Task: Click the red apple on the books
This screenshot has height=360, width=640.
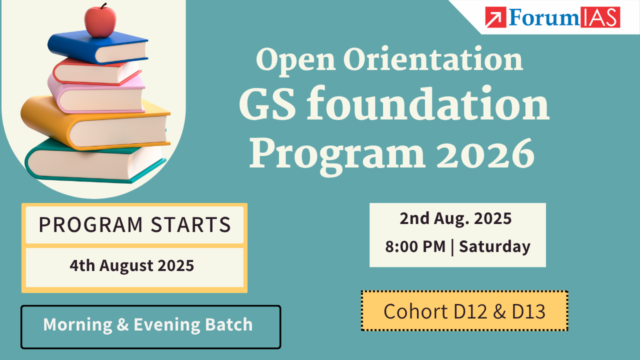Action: point(100,21)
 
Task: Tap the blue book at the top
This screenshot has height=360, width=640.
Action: point(97,47)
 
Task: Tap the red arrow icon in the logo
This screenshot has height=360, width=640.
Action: point(495,17)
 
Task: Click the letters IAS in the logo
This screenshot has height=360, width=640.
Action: point(600,17)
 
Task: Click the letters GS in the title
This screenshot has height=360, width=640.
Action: point(267,103)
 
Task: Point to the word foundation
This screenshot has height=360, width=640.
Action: point(427,103)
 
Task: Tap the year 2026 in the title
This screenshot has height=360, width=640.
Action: point(485,153)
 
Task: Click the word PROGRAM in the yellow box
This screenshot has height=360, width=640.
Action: point(90,224)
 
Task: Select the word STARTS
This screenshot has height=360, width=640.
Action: point(190,224)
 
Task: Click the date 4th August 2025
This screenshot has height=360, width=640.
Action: point(131,265)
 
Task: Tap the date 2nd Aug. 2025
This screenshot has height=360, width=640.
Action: point(455,218)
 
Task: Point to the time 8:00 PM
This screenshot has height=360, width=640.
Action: point(415,246)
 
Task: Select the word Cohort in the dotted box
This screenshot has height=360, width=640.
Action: point(415,311)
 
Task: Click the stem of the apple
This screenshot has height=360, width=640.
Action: point(103,6)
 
